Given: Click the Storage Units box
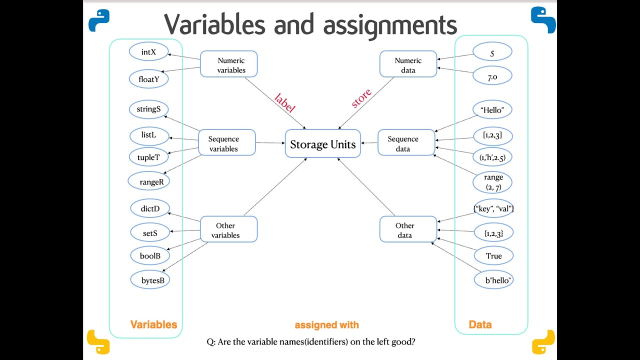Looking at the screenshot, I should pos(322,144).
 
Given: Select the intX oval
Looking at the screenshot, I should pos(148,52).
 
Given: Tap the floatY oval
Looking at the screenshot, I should pos(148,79).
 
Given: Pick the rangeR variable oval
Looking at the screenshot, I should pos(148,181).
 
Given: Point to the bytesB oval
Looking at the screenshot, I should pos(149,280).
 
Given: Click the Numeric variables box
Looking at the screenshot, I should pos(228,64).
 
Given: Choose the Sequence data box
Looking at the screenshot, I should pos(406,143).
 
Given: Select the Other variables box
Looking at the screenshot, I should pos(228,229).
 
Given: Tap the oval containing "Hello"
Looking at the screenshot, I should pos(493,110).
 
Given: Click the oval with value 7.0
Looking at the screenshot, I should pos(493,76).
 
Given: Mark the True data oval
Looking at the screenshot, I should pos(493,256).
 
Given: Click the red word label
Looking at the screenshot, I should pos(285,102).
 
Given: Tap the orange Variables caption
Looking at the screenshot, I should pos(153,324).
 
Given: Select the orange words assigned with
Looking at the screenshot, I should pos(326,325).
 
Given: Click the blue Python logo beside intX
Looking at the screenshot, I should pos(98,20).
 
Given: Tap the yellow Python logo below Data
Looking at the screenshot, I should pos(543,341).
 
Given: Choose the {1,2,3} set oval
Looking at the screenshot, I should pos(493,232).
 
